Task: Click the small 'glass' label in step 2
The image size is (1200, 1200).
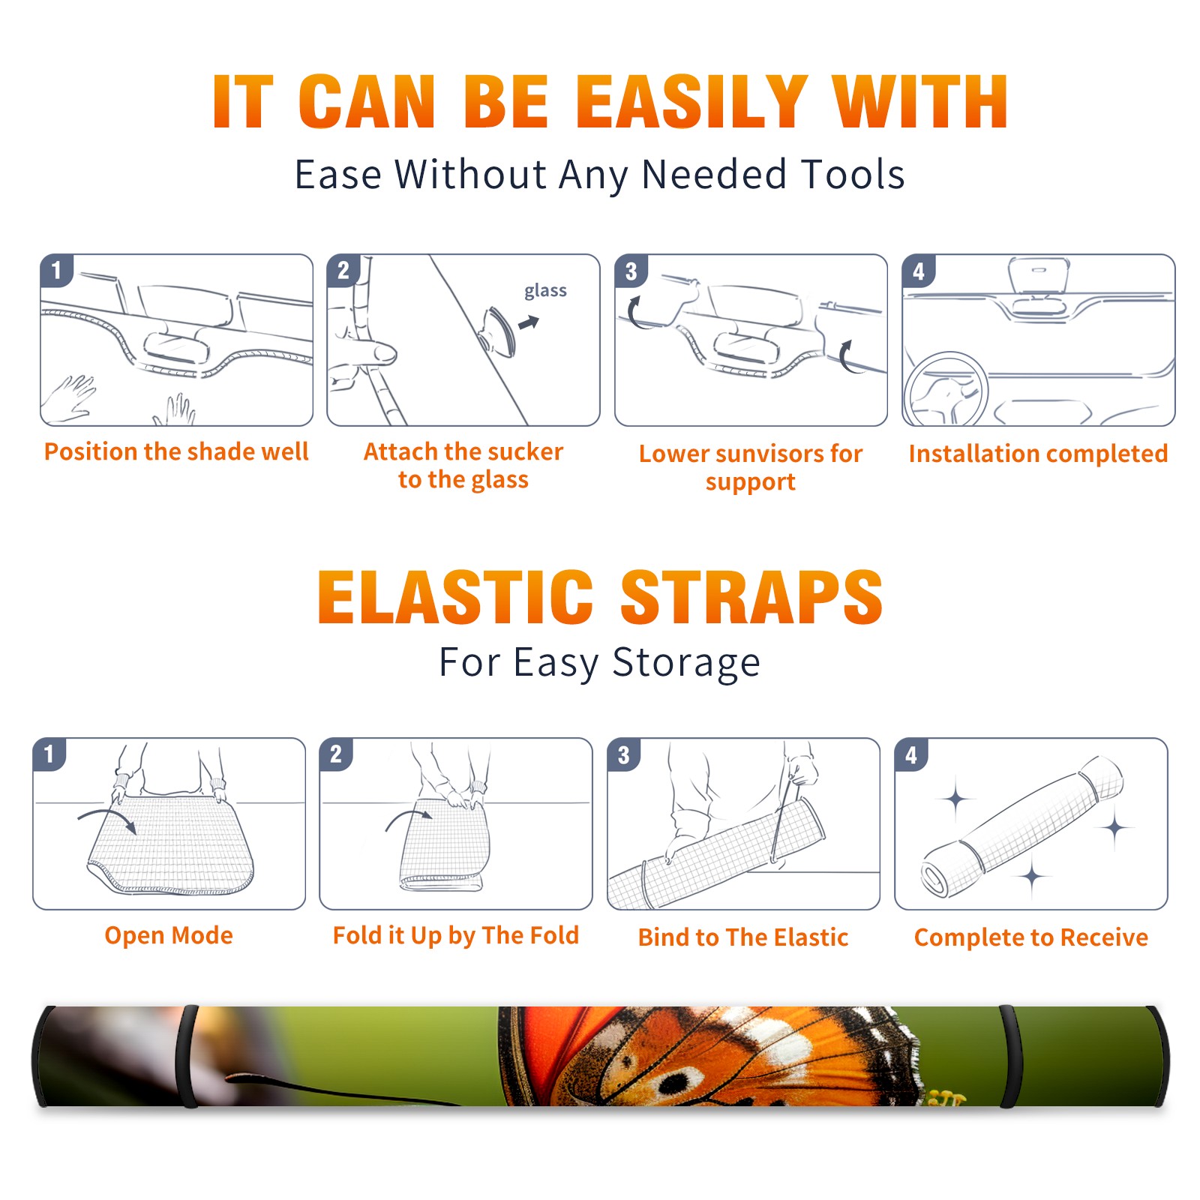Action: click(x=545, y=291)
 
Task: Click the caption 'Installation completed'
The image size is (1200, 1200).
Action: click(x=1038, y=454)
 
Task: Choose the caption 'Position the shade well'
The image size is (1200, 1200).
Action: click(x=176, y=451)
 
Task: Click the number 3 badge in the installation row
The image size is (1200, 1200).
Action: click(x=631, y=271)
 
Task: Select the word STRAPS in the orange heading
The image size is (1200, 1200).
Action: click(x=751, y=597)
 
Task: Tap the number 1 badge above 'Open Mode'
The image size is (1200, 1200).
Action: click(x=49, y=754)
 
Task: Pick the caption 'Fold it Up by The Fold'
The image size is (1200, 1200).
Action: click(x=456, y=935)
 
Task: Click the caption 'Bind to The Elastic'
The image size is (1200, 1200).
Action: click(x=743, y=937)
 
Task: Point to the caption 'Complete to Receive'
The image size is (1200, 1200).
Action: click(x=1031, y=937)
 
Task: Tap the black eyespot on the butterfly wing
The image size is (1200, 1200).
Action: click(x=675, y=1082)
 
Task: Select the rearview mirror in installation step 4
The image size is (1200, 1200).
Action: click(x=1039, y=276)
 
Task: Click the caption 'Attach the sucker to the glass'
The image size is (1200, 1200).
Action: click(x=463, y=465)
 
